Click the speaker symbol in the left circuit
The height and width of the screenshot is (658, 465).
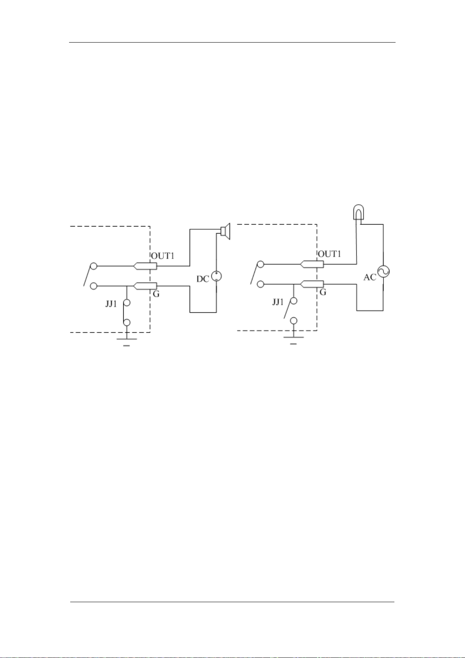(x=225, y=232)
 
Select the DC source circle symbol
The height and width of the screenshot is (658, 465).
(x=217, y=276)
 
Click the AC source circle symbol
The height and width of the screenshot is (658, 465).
(x=383, y=271)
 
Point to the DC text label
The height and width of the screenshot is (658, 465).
(x=203, y=279)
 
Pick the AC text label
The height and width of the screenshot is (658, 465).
(x=370, y=277)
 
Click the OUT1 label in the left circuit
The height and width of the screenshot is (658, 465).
(x=163, y=256)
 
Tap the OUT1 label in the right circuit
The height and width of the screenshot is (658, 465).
(x=330, y=254)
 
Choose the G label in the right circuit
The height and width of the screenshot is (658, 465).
(x=323, y=292)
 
